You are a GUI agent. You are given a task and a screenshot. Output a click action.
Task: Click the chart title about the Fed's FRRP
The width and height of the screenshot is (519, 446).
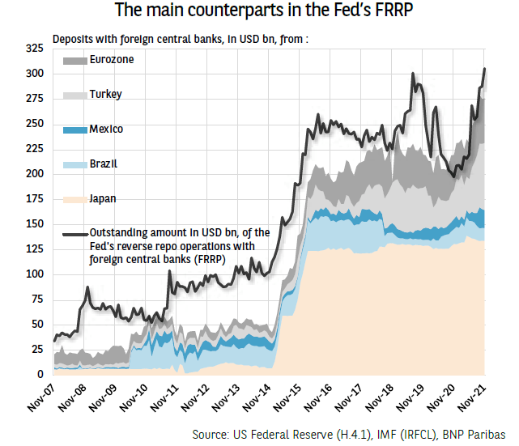pos(260,11)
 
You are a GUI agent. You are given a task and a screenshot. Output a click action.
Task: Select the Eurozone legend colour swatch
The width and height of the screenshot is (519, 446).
pos(74,61)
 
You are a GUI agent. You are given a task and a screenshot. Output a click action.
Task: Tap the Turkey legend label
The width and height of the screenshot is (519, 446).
pos(105,95)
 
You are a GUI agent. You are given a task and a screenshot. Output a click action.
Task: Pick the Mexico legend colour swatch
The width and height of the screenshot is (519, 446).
pos(74,130)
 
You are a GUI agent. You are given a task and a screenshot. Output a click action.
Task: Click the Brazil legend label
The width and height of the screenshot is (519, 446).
pos(103,164)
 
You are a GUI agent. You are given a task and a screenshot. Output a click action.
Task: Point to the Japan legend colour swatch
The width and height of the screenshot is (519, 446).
pos(74,199)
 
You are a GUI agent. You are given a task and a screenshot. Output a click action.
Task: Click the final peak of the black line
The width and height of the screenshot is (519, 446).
pos(484,69)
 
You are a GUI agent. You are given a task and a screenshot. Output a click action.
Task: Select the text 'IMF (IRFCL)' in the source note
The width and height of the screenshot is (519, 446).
pos(400,433)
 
